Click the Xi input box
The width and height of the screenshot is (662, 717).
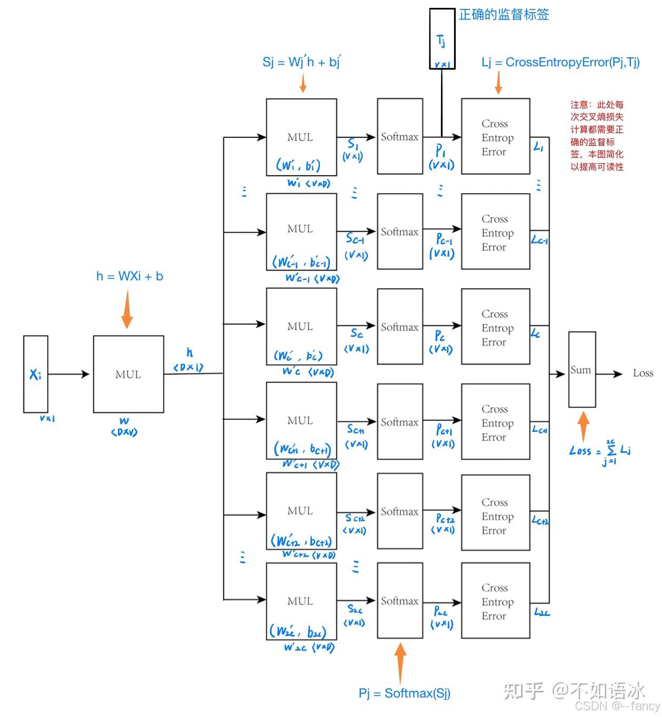tap(35, 374)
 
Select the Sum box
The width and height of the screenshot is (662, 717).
tap(581, 369)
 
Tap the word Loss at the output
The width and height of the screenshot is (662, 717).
tap(643, 373)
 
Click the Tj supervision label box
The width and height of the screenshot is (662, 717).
tap(442, 38)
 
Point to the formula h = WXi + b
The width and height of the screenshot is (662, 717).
tap(129, 276)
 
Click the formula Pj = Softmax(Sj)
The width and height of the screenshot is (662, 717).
tap(404, 693)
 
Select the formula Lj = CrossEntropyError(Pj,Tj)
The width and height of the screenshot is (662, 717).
tap(560, 62)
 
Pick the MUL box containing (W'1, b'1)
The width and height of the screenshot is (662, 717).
tap(301, 137)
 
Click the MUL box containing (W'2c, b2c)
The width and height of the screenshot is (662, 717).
tap(301, 601)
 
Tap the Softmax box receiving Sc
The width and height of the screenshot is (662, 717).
tap(399, 327)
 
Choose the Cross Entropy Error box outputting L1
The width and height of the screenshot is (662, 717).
tap(495, 137)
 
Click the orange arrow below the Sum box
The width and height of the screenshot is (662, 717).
tap(583, 426)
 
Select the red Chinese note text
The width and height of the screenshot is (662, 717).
tap(597, 136)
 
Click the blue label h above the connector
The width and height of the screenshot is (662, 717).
tap(189, 352)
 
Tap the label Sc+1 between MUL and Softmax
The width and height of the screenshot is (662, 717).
tap(356, 430)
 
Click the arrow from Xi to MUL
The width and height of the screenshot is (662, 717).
tap(68, 374)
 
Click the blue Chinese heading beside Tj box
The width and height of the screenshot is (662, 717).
tap(504, 14)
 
